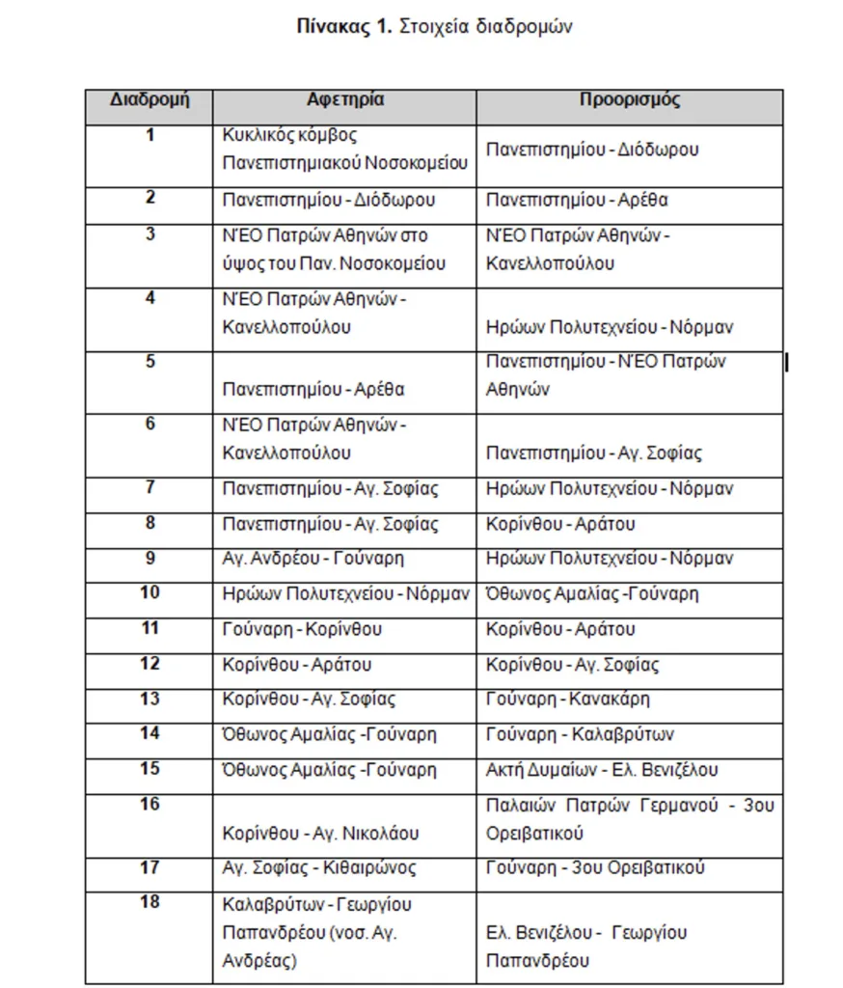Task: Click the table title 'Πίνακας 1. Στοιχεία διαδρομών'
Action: [434, 27]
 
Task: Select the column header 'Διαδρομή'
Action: [149, 100]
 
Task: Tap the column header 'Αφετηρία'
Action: [345, 100]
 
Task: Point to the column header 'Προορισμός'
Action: [630, 100]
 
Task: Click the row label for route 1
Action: [150, 135]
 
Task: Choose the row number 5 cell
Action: [150, 362]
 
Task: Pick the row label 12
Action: [150, 664]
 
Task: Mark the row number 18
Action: [150, 902]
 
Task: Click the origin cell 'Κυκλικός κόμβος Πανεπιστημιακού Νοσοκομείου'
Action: [344, 149]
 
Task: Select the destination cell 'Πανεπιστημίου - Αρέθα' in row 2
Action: [577, 201]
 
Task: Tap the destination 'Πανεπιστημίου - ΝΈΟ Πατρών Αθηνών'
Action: [606, 375]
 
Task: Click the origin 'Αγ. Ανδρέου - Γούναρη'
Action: [313, 559]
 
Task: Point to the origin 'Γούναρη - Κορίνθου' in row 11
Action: [302, 629]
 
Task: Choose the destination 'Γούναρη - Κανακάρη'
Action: [568, 699]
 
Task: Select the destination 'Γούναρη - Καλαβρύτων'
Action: [580, 734]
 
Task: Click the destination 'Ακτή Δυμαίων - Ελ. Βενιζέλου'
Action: [602, 770]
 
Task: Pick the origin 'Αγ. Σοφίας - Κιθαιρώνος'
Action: [318, 867]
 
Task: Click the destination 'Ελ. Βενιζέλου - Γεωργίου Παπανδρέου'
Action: [586, 947]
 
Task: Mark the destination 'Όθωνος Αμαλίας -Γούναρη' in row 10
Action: [592, 593]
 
